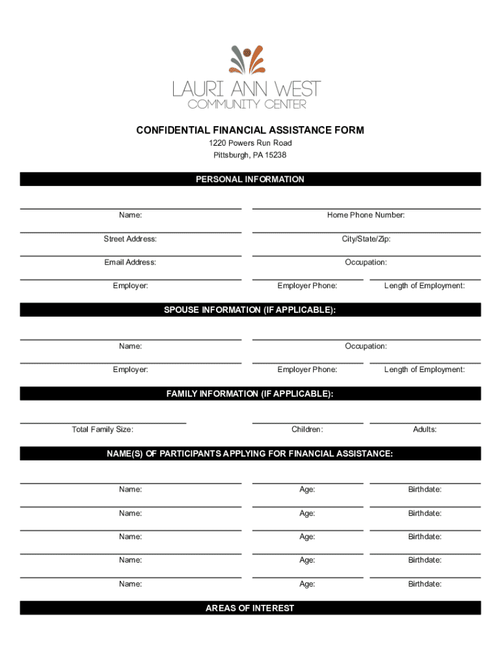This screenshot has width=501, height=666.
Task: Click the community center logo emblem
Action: click(247, 60)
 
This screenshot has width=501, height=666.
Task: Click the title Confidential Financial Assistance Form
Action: click(250, 131)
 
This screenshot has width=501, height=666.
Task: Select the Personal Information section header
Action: click(250, 179)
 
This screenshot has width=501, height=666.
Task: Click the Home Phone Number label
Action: click(366, 215)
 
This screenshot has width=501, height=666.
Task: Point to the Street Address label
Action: click(130, 239)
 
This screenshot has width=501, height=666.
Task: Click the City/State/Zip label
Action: click(366, 239)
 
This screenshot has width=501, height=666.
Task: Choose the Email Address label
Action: click(130, 262)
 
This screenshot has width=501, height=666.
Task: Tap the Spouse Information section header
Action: click(250, 310)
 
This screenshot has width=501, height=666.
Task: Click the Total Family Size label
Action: click(103, 429)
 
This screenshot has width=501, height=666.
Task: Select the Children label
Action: click(307, 429)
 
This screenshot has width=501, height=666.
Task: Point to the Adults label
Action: click(425, 429)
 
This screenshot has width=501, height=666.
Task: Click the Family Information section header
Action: click(250, 393)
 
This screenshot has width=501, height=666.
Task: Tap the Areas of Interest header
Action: click(250, 608)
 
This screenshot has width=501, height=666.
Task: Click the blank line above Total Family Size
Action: click(103, 423)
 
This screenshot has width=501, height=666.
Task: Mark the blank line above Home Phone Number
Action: click(366, 208)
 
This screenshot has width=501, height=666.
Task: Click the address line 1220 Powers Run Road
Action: click(250, 143)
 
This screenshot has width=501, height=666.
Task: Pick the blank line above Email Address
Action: click(130, 256)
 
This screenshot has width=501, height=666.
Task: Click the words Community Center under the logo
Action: click(247, 104)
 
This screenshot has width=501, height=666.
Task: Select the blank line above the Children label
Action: click(307, 423)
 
